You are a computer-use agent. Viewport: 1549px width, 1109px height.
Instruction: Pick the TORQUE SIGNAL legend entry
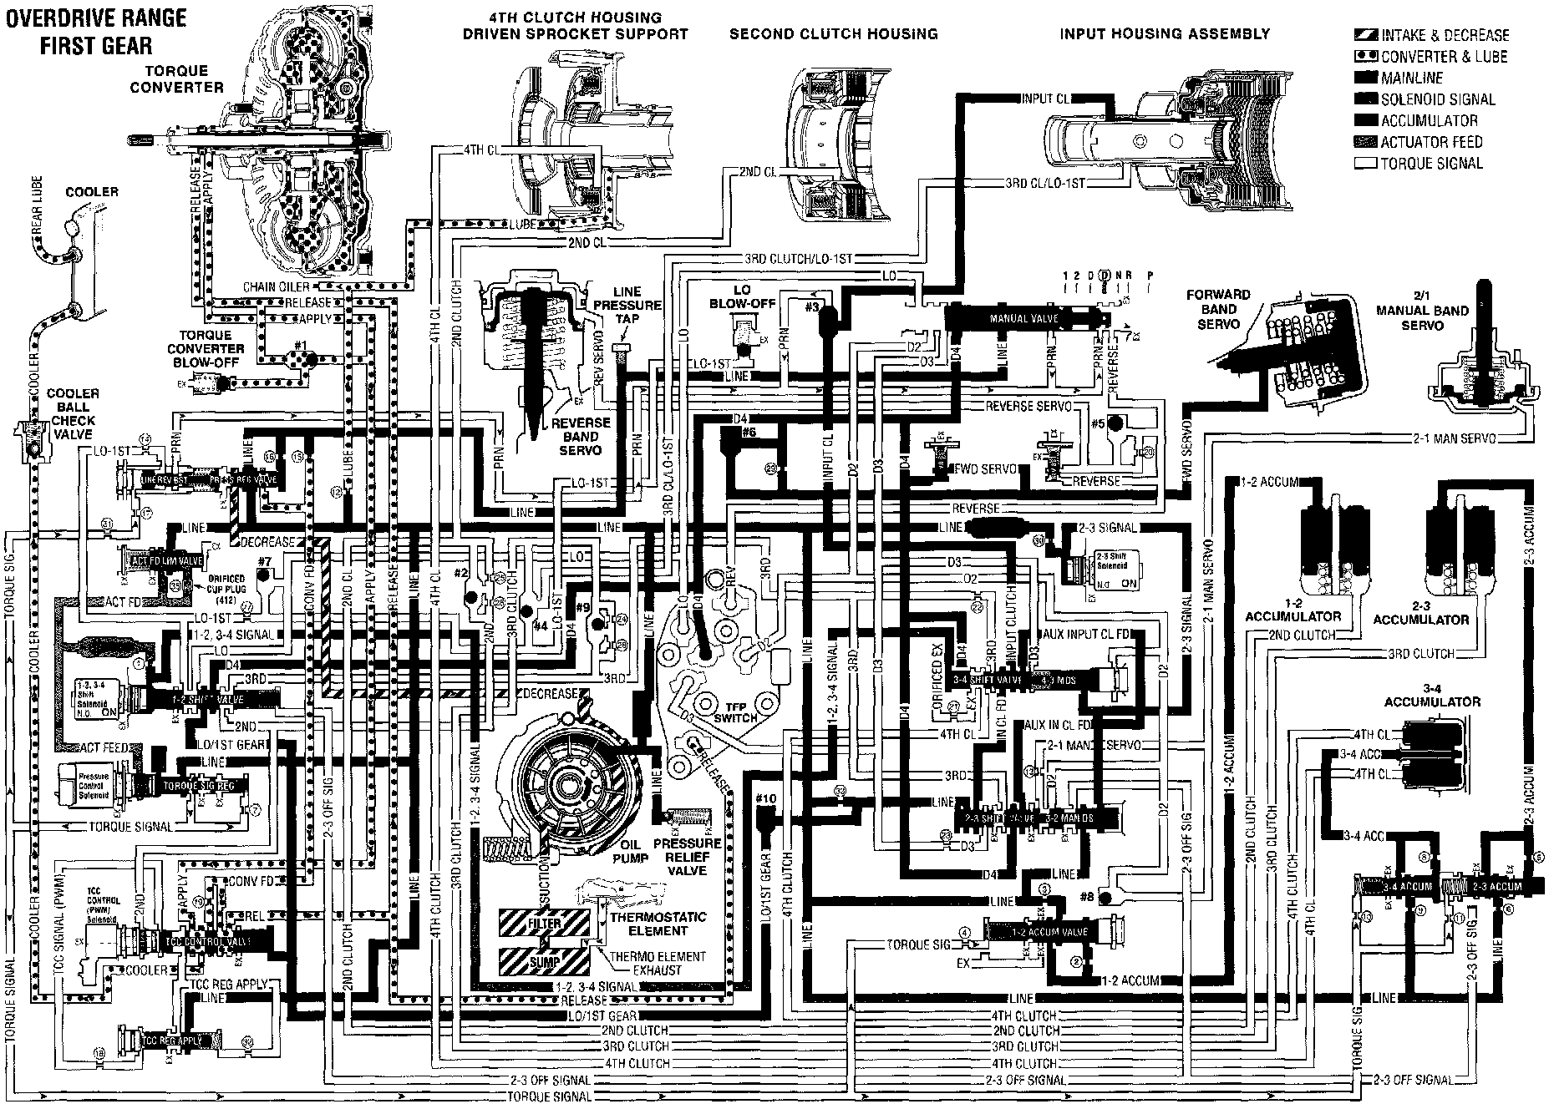pos(1431,164)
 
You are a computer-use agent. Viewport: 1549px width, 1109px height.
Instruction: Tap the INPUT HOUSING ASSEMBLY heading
pos(1165,34)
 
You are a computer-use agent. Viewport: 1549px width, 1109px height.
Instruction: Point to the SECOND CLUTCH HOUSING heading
pos(833,34)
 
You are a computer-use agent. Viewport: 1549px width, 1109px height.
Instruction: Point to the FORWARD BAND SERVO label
pos(1218,309)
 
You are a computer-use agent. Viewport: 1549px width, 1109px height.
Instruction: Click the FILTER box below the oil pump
pos(544,924)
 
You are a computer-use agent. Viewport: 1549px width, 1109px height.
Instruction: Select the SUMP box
pos(544,962)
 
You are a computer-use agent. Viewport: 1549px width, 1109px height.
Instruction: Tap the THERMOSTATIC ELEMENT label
pos(658,924)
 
